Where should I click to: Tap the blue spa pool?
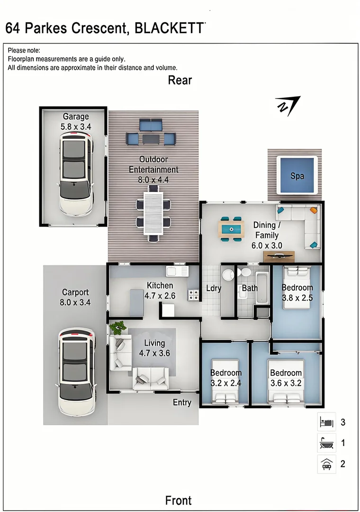(x=297, y=175)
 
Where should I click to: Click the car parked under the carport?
(x=77, y=372)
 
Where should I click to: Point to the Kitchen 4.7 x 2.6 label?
(x=160, y=290)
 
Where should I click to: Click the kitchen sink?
(x=177, y=271)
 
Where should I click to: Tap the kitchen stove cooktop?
(x=193, y=295)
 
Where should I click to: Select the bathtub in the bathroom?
(x=262, y=288)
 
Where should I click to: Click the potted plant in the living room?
(x=117, y=328)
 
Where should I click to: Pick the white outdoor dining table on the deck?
(x=153, y=213)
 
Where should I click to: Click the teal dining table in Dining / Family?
(x=232, y=229)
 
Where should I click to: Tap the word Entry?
(x=182, y=402)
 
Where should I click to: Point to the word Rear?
(x=180, y=80)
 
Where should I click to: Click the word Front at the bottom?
(x=178, y=500)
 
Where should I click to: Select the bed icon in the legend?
(x=326, y=422)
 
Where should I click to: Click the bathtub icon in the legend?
(x=326, y=443)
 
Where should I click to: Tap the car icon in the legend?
(x=327, y=464)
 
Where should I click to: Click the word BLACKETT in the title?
(x=169, y=28)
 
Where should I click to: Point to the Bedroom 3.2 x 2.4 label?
(x=226, y=378)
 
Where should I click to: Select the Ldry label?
(x=214, y=288)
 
